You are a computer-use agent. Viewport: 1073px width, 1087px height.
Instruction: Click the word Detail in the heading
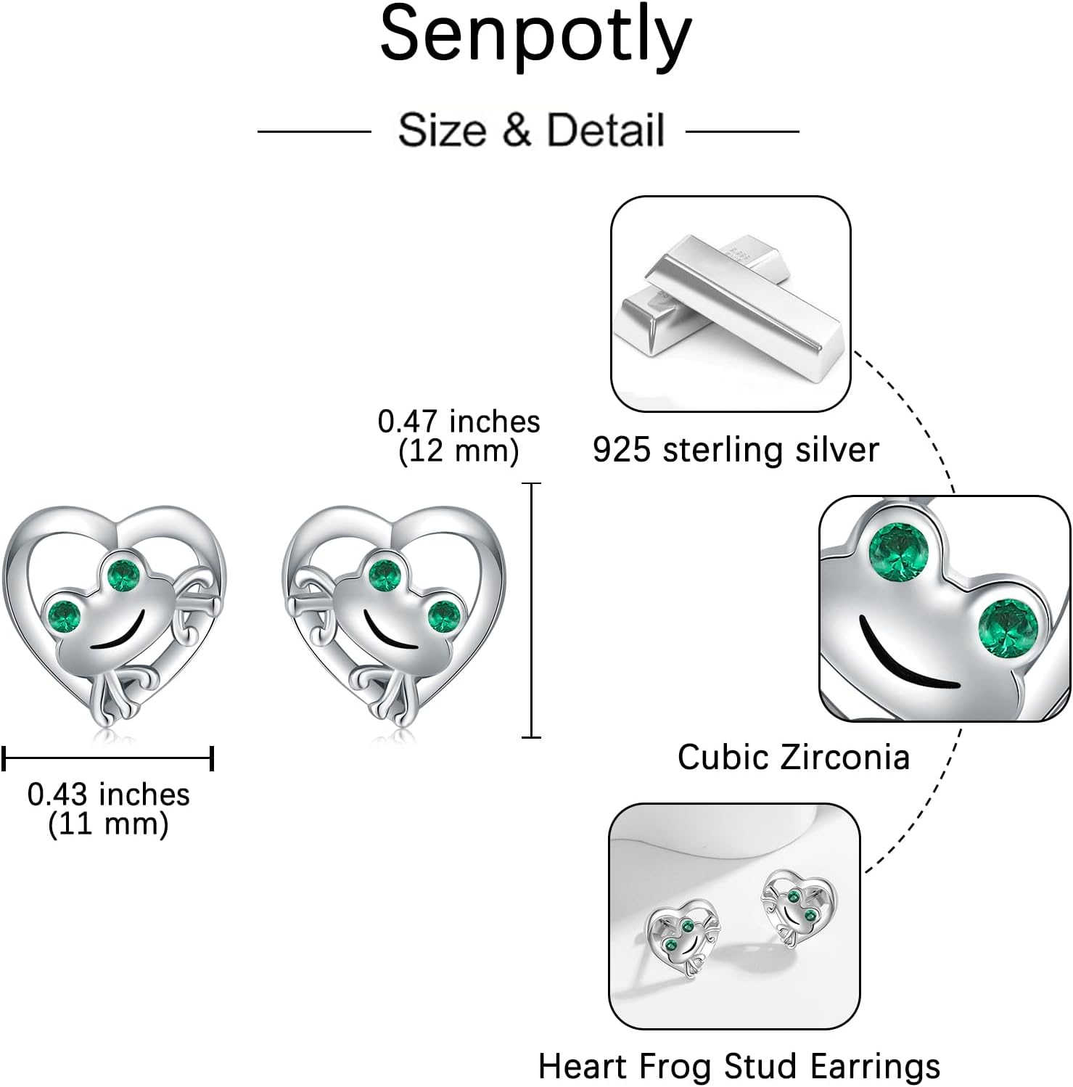click(606, 131)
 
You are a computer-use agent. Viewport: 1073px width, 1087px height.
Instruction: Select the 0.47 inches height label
click(459, 422)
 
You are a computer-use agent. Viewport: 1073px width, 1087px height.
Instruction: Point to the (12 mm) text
click(459, 451)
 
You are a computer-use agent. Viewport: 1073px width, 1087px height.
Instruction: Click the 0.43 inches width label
click(109, 795)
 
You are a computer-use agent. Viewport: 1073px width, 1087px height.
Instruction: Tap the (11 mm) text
click(109, 824)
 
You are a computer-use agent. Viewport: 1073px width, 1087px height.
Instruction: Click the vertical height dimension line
click(532, 610)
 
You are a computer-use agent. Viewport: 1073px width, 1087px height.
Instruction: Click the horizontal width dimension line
click(107, 759)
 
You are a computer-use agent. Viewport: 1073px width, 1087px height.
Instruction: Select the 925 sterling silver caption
click(736, 450)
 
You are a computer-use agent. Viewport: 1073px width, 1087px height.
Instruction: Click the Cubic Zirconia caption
click(794, 758)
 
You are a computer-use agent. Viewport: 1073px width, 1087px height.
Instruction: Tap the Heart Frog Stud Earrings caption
click(739, 1067)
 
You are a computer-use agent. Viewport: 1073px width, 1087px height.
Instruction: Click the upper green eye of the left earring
click(124, 574)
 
